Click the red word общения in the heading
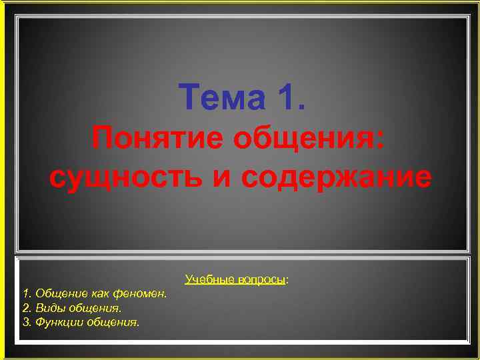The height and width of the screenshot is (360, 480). [x=307, y=139]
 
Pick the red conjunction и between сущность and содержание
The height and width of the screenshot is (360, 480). [x=221, y=179]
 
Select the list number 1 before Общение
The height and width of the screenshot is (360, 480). [x=26, y=293]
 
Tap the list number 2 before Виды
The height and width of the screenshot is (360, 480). [x=26, y=308]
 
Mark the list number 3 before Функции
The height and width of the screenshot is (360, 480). [x=26, y=323]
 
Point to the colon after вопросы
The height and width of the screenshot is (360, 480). [x=287, y=279]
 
